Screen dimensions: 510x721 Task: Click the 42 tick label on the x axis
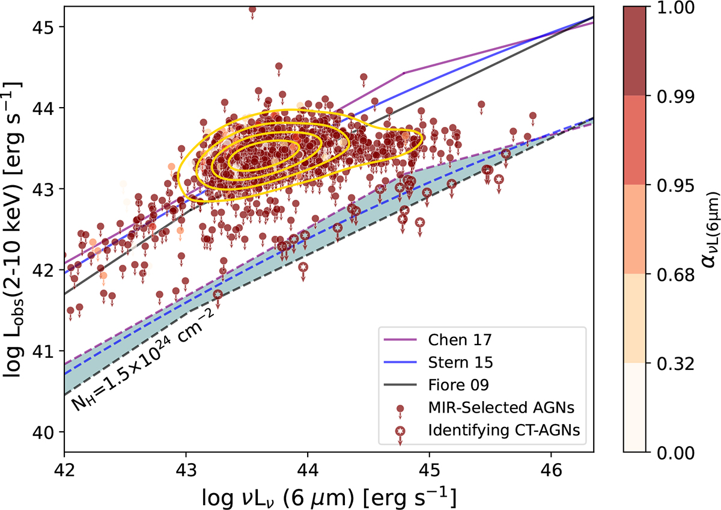pyautogui.click(x=64, y=467)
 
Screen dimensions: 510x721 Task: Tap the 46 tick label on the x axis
pyautogui.click(x=551, y=467)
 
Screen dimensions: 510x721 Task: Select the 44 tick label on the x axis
pyautogui.click(x=308, y=467)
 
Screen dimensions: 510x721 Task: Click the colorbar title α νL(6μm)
pyautogui.click(x=707, y=229)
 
